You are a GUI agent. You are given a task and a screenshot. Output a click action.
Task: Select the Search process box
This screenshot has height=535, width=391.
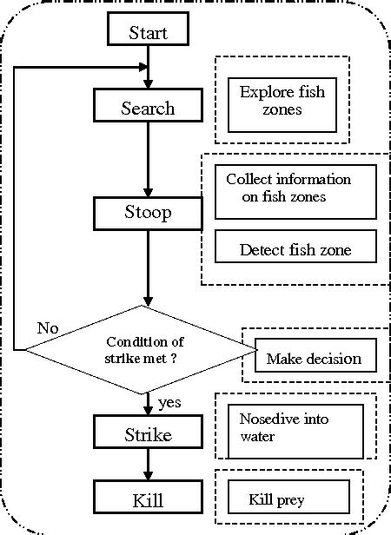[x=148, y=108]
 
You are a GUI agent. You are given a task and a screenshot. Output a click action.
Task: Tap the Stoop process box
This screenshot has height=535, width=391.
[x=148, y=213]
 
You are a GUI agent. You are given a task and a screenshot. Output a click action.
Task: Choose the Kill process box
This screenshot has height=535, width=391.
[x=148, y=501]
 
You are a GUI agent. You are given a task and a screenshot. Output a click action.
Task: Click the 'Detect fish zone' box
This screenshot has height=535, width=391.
[x=295, y=249]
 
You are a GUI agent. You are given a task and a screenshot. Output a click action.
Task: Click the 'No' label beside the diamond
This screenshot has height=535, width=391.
[x=48, y=328]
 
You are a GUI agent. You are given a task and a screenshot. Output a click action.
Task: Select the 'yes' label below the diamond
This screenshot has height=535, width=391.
[x=169, y=402]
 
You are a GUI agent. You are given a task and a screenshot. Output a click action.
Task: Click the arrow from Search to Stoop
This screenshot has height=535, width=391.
[x=149, y=161]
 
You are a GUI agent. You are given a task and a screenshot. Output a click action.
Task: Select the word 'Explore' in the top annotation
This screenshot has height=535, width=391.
[x=263, y=92]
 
